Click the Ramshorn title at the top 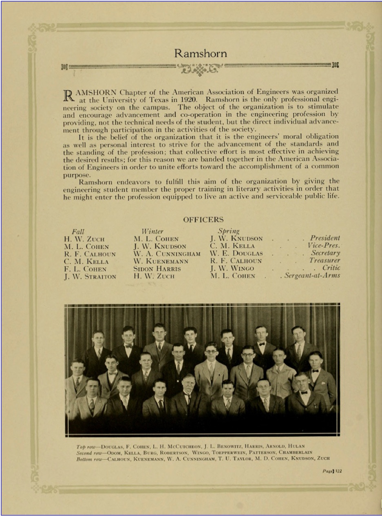[x=200, y=53]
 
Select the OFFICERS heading [x=203, y=220]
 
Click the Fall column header [x=78, y=231]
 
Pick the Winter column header [x=152, y=231]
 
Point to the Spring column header [x=229, y=231]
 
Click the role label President [x=325, y=238]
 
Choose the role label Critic [x=331, y=268]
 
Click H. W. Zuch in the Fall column [x=84, y=239]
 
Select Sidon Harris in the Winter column [x=151, y=269]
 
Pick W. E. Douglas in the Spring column [x=236, y=253]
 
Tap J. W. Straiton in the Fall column [x=90, y=277]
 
